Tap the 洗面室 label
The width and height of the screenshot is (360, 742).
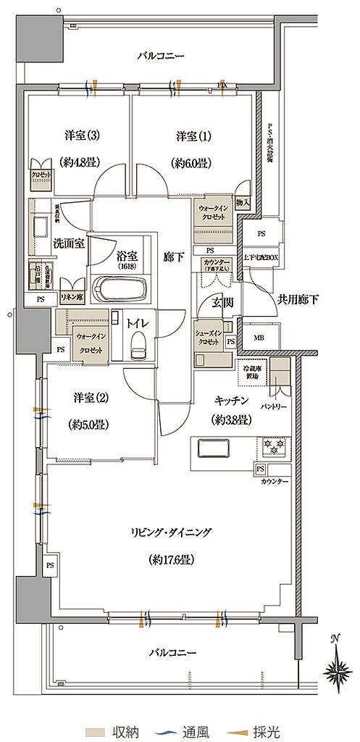point(69,243)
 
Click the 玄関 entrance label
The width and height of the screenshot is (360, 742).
point(222,302)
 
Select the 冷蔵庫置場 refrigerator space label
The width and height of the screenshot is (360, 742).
point(253,369)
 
